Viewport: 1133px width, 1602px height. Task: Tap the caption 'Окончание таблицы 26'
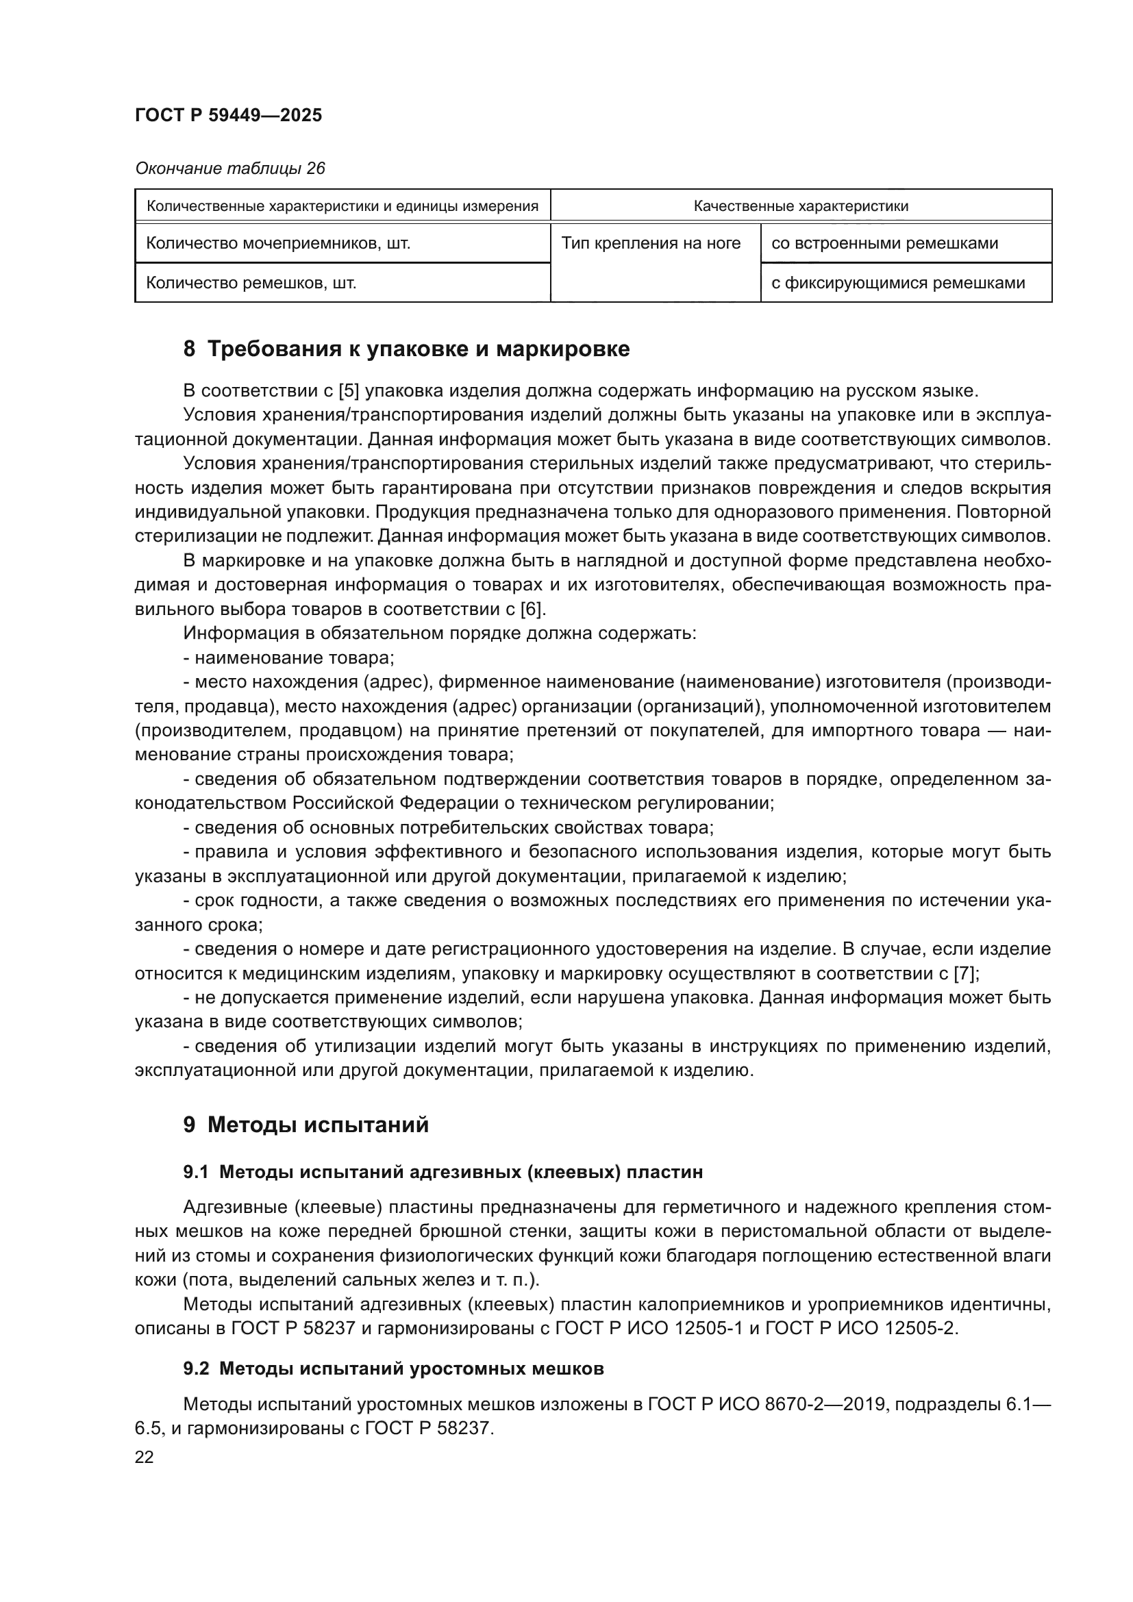(x=229, y=169)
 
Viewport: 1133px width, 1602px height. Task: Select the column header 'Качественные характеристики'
(x=800, y=206)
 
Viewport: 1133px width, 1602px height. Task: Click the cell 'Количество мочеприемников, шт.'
(x=277, y=244)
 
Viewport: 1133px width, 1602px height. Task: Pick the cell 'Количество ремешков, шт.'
(x=251, y=284)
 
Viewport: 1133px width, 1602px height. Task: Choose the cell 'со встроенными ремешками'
(x=884, y=244)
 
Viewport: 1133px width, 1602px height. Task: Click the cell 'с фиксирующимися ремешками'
(x=898, y=284)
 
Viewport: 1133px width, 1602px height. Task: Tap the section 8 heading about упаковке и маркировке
(x=406, y=349)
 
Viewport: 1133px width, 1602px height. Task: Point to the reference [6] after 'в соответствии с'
(x=532, y=610)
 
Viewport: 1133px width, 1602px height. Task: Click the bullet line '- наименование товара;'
(x=289, y=658)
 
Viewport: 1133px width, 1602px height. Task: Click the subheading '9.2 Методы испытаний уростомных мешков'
(x=393, y=1369)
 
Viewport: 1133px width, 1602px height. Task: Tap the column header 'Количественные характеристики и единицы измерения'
(x=343, y=206)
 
